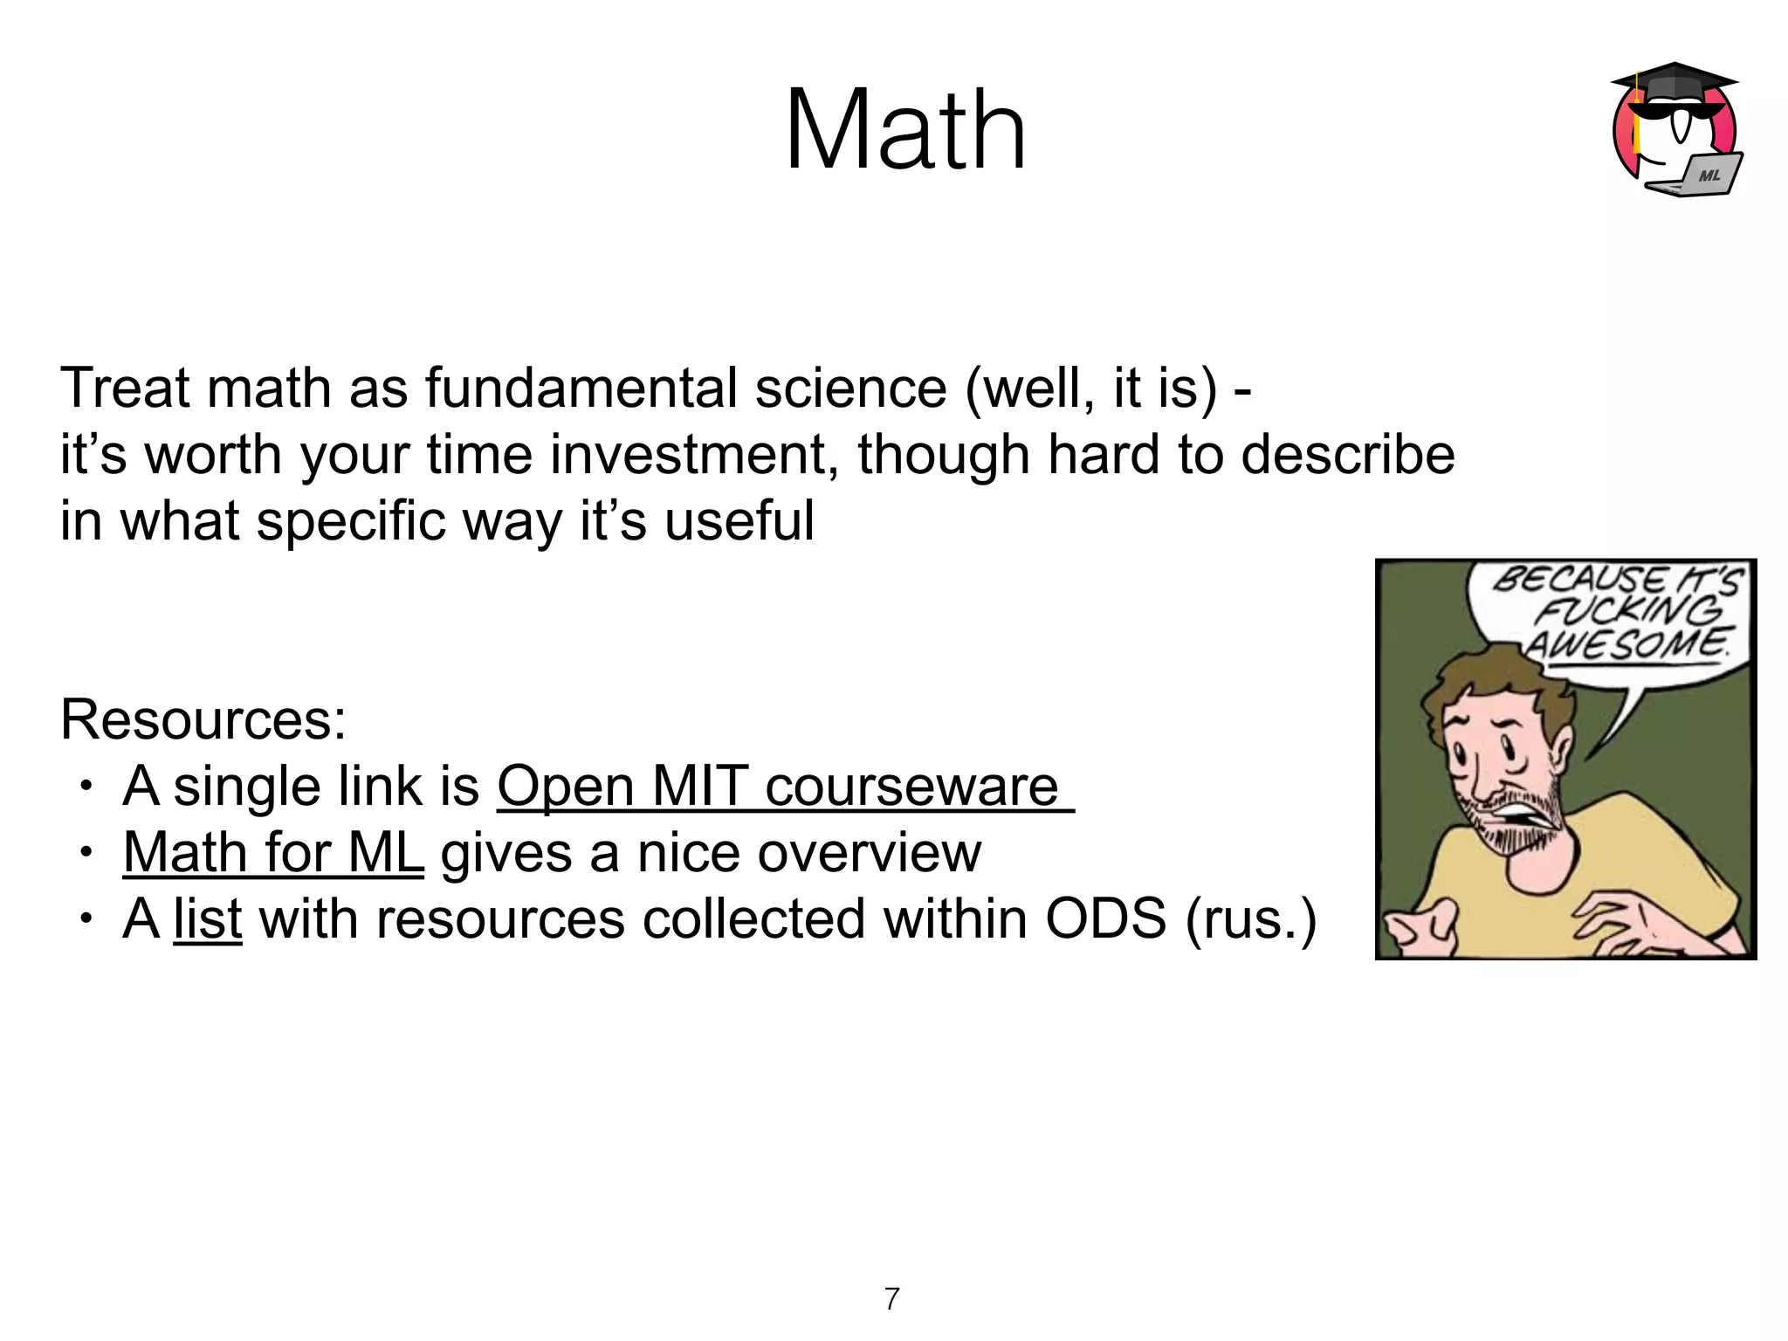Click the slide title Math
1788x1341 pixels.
[x=905, y=131]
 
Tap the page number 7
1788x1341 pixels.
[x=891, y=1299]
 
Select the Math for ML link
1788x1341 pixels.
[x=273, y=852]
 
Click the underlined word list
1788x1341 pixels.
[x=207, y=918]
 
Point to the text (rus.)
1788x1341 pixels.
[x=1250, y=918]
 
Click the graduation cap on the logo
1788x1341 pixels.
[x=1672, y=83]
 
